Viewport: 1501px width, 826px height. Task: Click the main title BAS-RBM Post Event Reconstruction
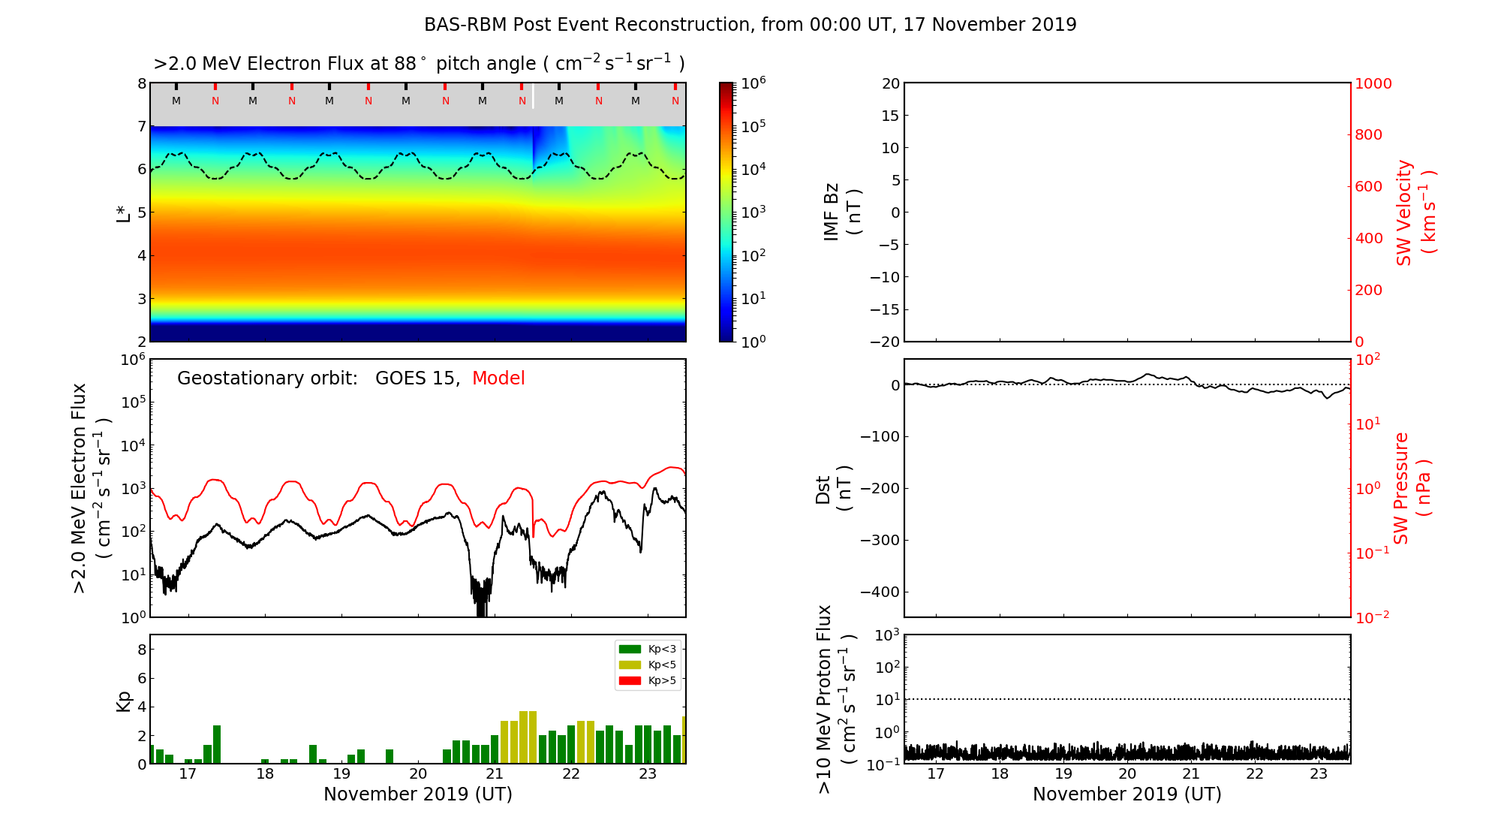(750, 25)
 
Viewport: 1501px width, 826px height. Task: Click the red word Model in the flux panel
(498, 378)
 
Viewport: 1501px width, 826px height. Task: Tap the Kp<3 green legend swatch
(630, 649)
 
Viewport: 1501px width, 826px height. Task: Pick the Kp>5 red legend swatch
(630, 681)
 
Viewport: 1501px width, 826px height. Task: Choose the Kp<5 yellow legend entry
(646, 665)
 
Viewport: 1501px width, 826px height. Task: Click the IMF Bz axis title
(842, 213)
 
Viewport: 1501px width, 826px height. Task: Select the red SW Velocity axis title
(1415, 213)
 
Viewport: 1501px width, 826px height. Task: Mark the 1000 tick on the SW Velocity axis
(1373, 83)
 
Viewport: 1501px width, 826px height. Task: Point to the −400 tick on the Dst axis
(880, 592)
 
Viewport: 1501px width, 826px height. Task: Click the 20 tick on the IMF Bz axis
(890, 83)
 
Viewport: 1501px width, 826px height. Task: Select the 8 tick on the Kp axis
(140, 650)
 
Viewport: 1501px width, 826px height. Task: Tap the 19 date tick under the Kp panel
(341, 774)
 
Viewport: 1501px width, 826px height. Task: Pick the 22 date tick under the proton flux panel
(1255, 774)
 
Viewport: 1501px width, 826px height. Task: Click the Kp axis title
(124, 701)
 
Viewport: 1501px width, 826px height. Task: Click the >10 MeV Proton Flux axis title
(835, 699)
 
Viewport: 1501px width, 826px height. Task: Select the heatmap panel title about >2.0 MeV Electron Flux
(419, 64)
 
